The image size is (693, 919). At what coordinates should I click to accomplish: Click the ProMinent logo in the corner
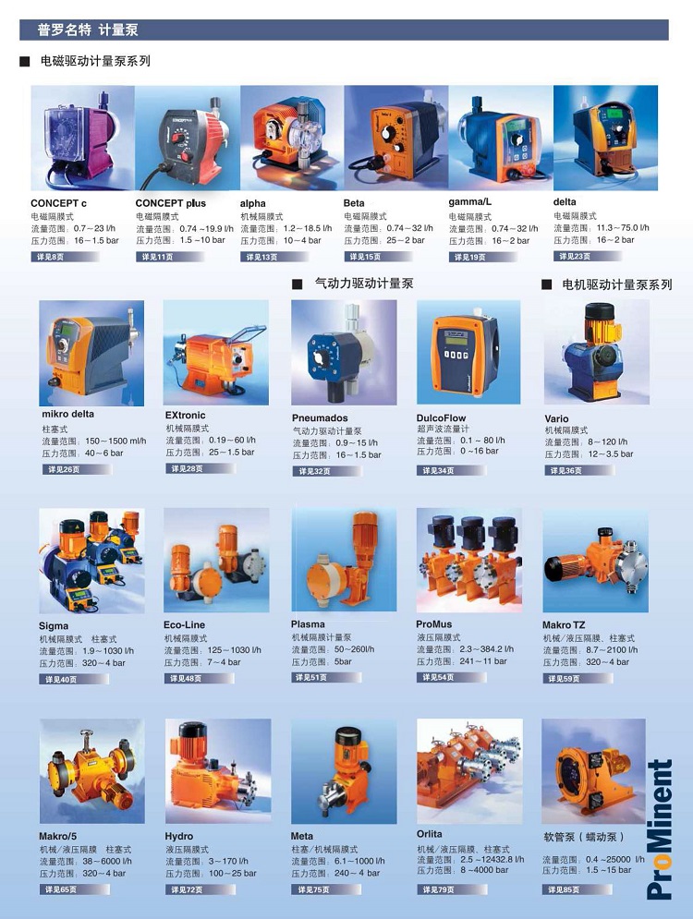[660, 830]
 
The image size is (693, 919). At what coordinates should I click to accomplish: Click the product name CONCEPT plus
[171, 203]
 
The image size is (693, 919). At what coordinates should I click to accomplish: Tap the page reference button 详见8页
[65, 257]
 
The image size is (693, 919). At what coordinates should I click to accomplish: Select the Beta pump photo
[396, 138]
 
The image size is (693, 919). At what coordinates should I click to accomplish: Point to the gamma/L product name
[470, 202]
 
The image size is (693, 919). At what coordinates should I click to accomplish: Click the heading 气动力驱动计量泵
[364, 284]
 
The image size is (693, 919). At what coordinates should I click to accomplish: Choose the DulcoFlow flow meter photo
[468, 352]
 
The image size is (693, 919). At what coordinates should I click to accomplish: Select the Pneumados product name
[320, 417]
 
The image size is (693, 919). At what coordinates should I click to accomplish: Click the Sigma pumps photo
[91, 561]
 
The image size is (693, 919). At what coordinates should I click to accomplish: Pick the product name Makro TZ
[564, 624]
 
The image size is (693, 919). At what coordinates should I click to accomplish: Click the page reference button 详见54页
[452, 678]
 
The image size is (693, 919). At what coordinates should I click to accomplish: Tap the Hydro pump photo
[218, 771]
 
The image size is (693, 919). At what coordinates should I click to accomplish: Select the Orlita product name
[430, 834]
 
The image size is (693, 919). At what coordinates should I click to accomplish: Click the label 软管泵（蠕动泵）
[583, 837]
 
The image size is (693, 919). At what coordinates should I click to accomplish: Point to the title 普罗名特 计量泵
[88, 30]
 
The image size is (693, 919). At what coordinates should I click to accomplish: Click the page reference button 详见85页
[577, 889]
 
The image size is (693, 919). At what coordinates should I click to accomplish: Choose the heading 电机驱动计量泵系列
[617, 284]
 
